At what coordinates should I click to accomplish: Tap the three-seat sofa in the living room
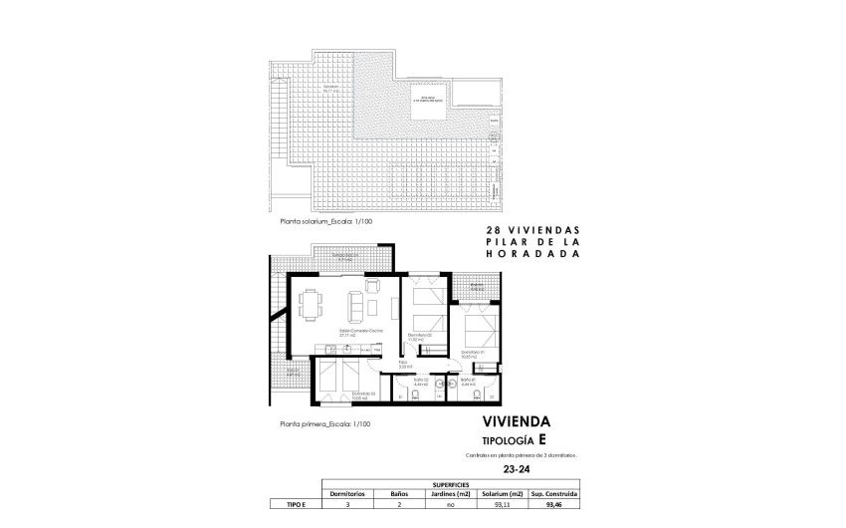pos(354,302)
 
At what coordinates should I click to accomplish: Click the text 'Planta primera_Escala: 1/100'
pos(324,423)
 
